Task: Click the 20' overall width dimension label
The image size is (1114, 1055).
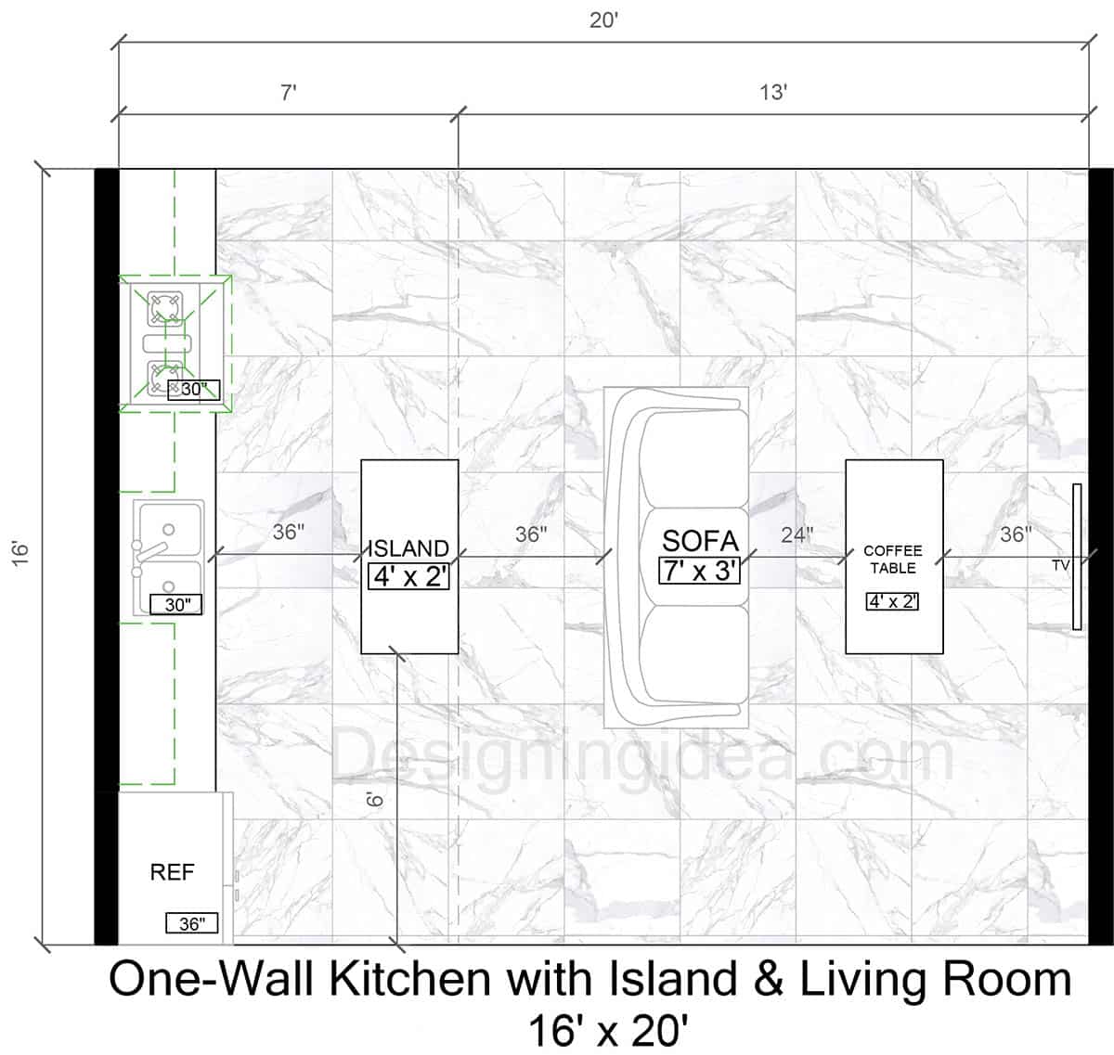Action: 603,19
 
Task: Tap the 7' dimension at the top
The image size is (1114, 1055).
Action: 289,92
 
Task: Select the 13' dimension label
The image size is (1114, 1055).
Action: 773,92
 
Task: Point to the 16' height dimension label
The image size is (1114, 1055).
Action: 21,554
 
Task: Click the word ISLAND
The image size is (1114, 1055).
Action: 408,548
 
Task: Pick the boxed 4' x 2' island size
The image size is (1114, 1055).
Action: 408,576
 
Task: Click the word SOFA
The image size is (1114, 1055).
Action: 700,541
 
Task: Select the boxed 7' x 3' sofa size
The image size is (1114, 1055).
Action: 700,570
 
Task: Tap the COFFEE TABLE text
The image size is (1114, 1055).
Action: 893,559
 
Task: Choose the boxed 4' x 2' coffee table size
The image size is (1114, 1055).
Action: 893,601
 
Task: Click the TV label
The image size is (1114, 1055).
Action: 1060,565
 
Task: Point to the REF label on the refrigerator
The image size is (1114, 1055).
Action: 173,872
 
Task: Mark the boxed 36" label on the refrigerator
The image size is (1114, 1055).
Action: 192,923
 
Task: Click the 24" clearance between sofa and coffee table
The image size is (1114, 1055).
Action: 797,534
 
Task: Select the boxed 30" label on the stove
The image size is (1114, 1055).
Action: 193,390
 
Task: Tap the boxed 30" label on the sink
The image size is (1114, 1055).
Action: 176,605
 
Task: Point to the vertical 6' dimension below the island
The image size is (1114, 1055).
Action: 374,800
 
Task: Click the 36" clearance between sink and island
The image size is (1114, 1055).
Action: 289,532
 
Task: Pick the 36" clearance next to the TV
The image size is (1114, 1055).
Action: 1015,534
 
